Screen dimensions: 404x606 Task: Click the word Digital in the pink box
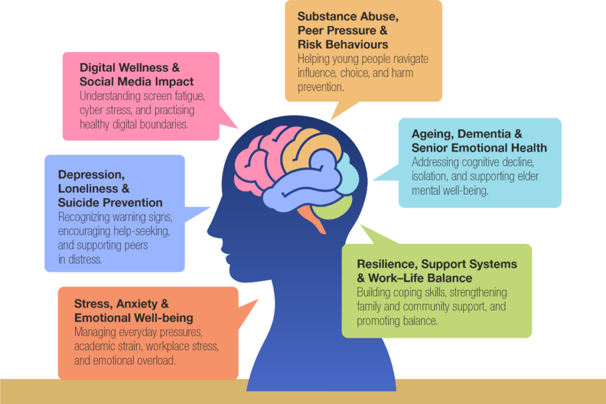click(98, 68)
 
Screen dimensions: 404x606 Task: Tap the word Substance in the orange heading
click(325, 16)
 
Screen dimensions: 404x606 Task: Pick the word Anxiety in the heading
click(138, 304)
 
